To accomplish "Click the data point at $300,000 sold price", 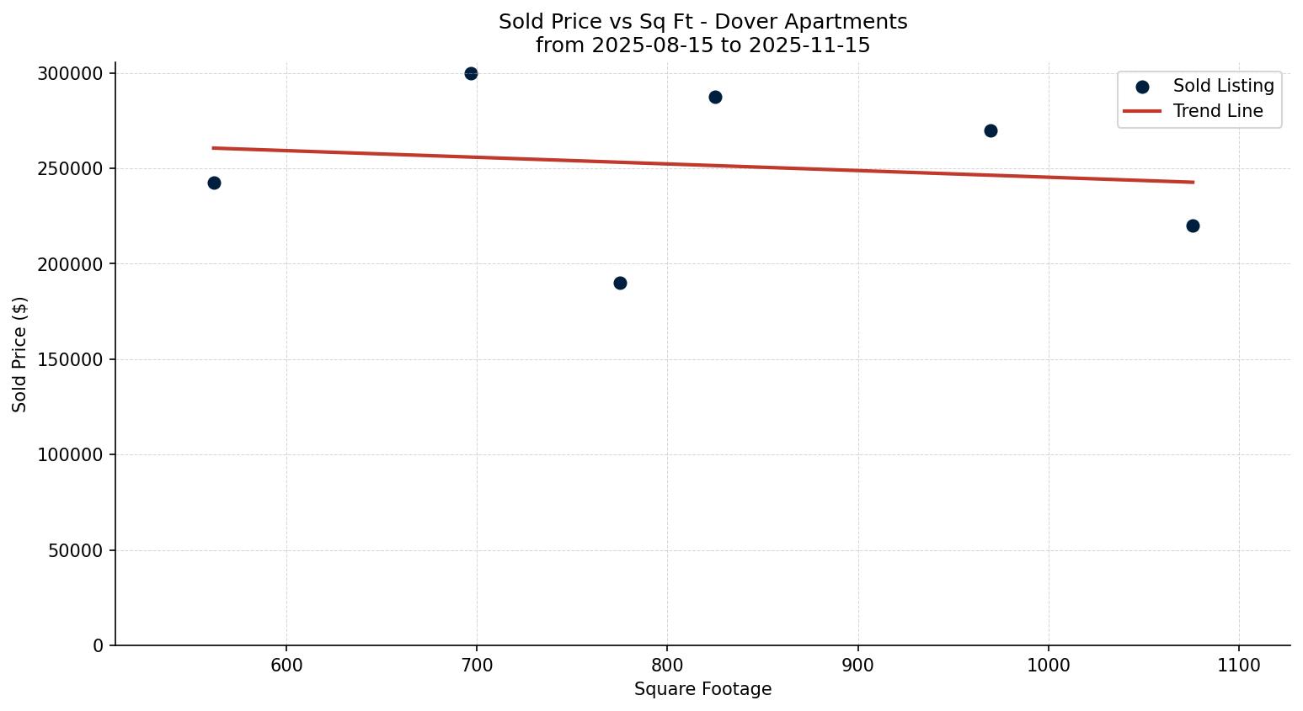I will (x=471, y=74).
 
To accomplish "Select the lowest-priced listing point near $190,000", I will (x=620, y=283).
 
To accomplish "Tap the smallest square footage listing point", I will (x=214, y=183).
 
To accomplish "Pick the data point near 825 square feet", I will (x=715, y=97).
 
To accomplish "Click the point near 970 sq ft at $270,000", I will (x=991, y=130).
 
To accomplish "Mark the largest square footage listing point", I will (x=1193, y=226).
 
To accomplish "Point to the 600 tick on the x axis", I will (x=286, y=666).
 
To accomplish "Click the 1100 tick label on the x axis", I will (x=1239, y=666).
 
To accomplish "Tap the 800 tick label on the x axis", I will (x=667, y=666).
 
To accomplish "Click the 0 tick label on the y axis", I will (x=99, y=645).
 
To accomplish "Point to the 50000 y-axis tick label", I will (x=75, y=550).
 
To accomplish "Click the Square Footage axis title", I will (x=702, y=690).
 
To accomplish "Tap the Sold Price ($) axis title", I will (x=20, y=354).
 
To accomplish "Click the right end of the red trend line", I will (x=1193, y=182).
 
